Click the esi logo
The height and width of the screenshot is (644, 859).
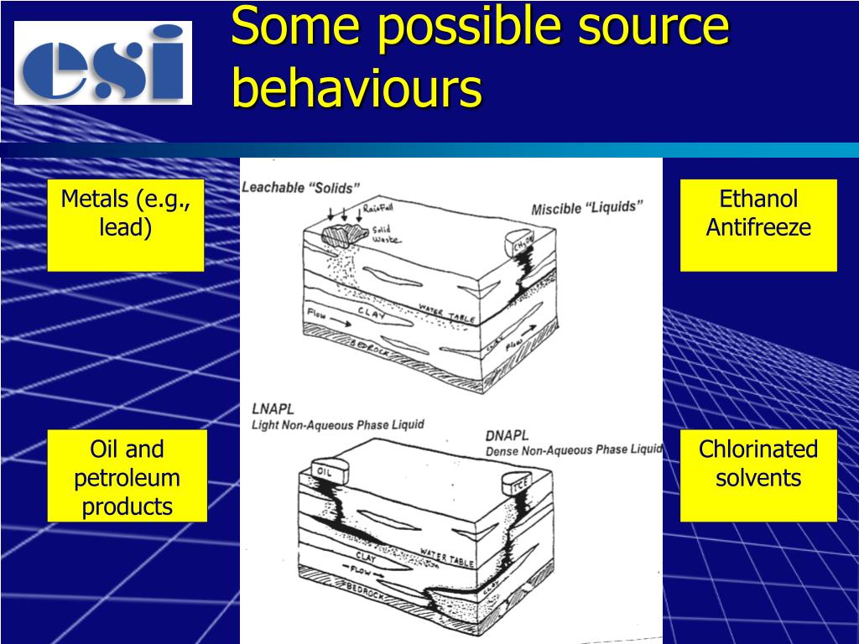[103, 63]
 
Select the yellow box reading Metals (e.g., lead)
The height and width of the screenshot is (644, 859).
[126, 225]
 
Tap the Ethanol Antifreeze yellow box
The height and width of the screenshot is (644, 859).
[758, 225]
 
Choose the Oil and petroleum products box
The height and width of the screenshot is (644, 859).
[128, 476]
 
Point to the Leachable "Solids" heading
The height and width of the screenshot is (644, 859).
[300, 188]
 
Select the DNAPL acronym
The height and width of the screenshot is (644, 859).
[507, 436]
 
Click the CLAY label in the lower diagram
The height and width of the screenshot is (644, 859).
[366, 556]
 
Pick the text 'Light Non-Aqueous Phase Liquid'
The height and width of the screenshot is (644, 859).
[337, 425]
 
